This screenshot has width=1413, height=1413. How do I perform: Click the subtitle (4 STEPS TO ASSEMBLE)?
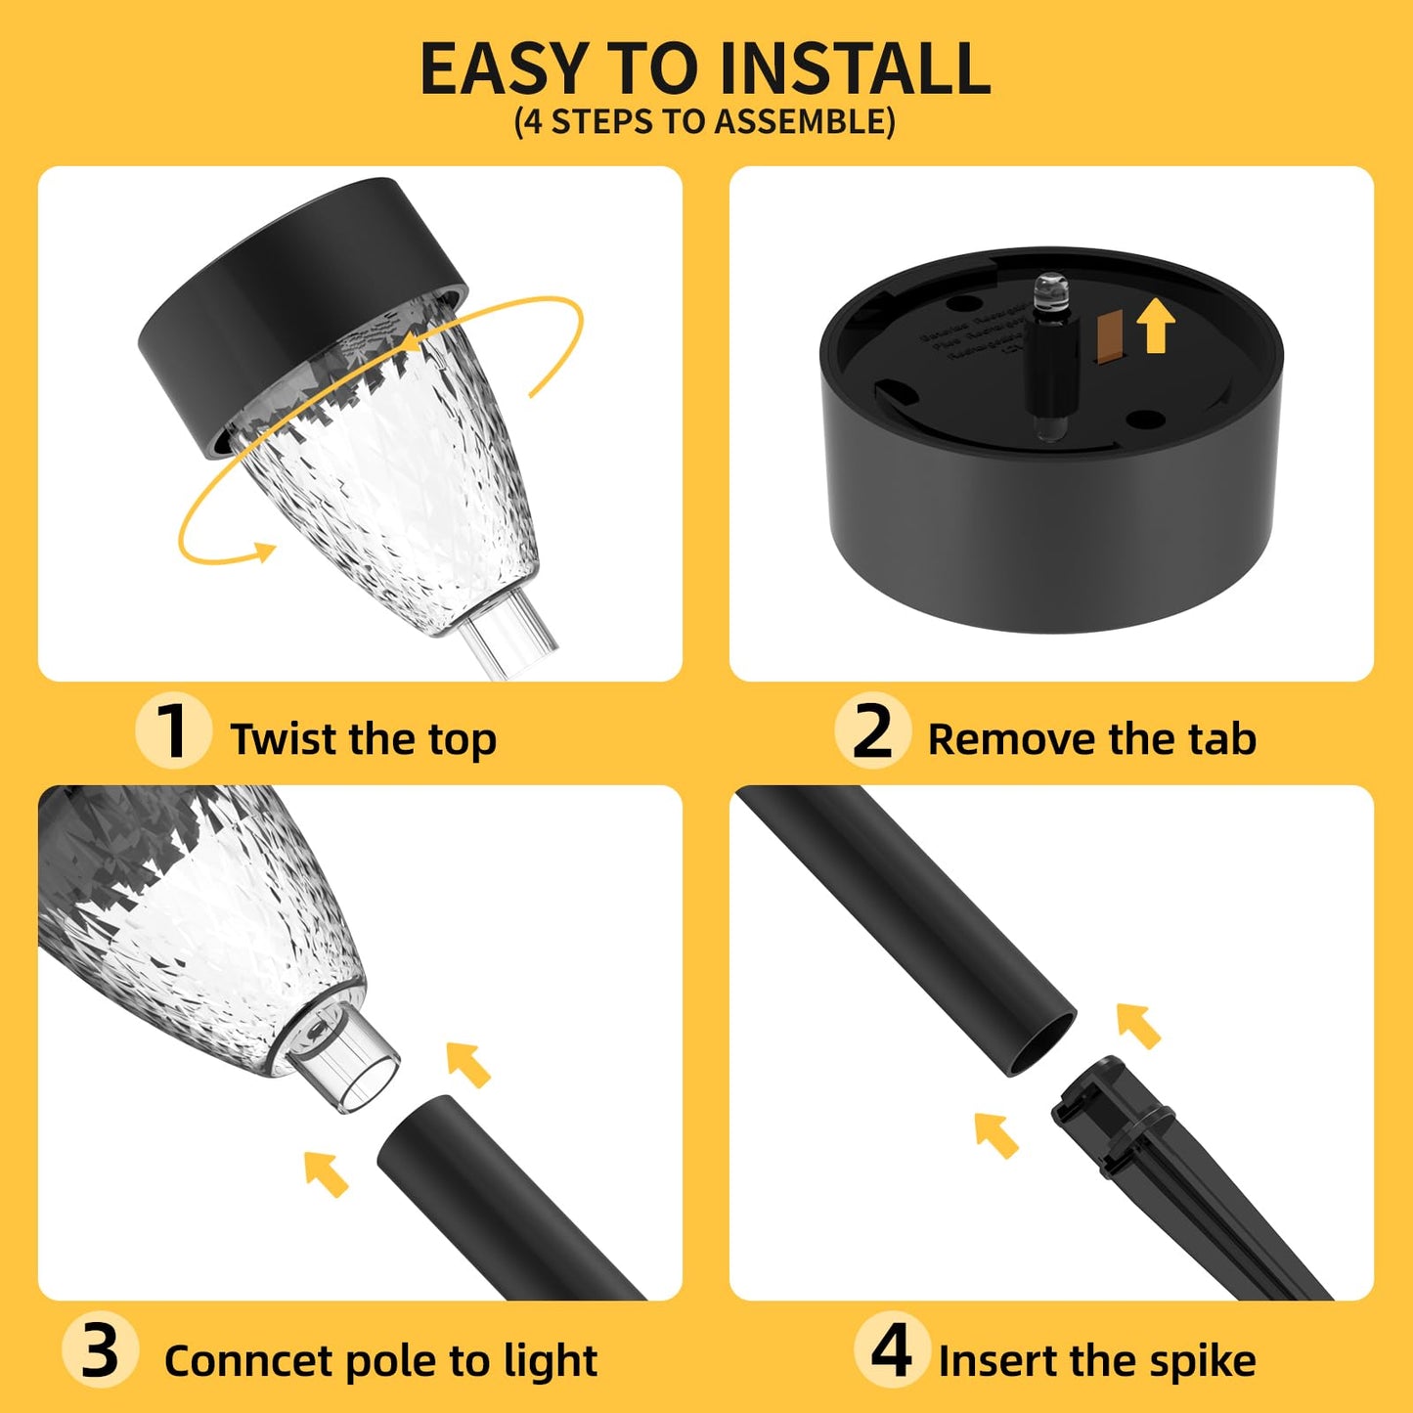point(705,121)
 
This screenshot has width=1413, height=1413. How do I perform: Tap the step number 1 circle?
point(173,730)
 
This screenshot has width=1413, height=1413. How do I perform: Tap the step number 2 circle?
point(872,730)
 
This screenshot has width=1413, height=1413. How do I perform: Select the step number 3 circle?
point(100,1351)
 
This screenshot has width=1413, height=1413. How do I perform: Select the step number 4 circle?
point(891,1350)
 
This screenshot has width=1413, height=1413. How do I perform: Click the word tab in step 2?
point(1222,739)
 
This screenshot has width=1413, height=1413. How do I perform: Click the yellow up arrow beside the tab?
point(1156,325)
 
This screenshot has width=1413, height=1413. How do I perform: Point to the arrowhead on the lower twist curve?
point(262,552)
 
